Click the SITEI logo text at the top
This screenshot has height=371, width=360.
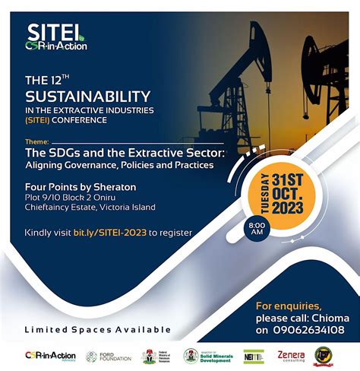point(55,33)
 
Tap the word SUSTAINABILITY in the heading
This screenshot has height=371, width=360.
point(88,97)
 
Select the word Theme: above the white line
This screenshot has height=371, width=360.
point(36,141)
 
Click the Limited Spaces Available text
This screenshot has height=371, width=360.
point(97,329)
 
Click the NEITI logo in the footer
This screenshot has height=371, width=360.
point(254,356)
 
